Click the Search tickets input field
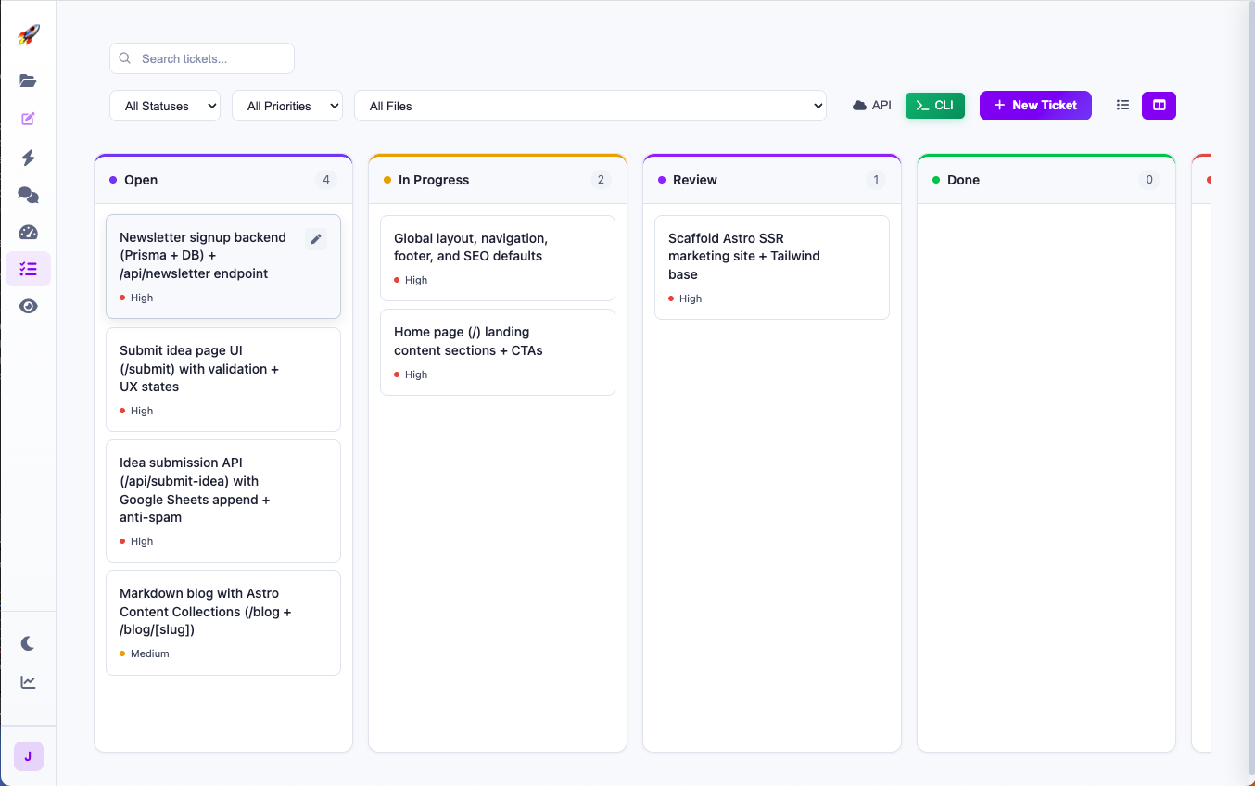point(213,58)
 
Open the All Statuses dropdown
point(165,106)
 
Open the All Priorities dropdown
point(287,106)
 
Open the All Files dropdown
point(589,106)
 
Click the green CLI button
point(934,106)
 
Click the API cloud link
point(872,106)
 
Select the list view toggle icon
point(1122,106)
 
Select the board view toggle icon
point(1159,106)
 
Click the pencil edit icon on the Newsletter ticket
point(316,239)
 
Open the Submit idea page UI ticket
point(222,378)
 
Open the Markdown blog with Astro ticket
point(222,621)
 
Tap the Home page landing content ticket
point(497,351)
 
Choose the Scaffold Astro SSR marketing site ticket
point(771,267)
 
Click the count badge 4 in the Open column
point(325,180)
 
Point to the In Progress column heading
point(434,180)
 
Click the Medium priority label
point(149,653)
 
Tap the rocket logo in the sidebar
point(29,35)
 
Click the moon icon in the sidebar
point(29,643)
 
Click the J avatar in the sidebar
point(28,756)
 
